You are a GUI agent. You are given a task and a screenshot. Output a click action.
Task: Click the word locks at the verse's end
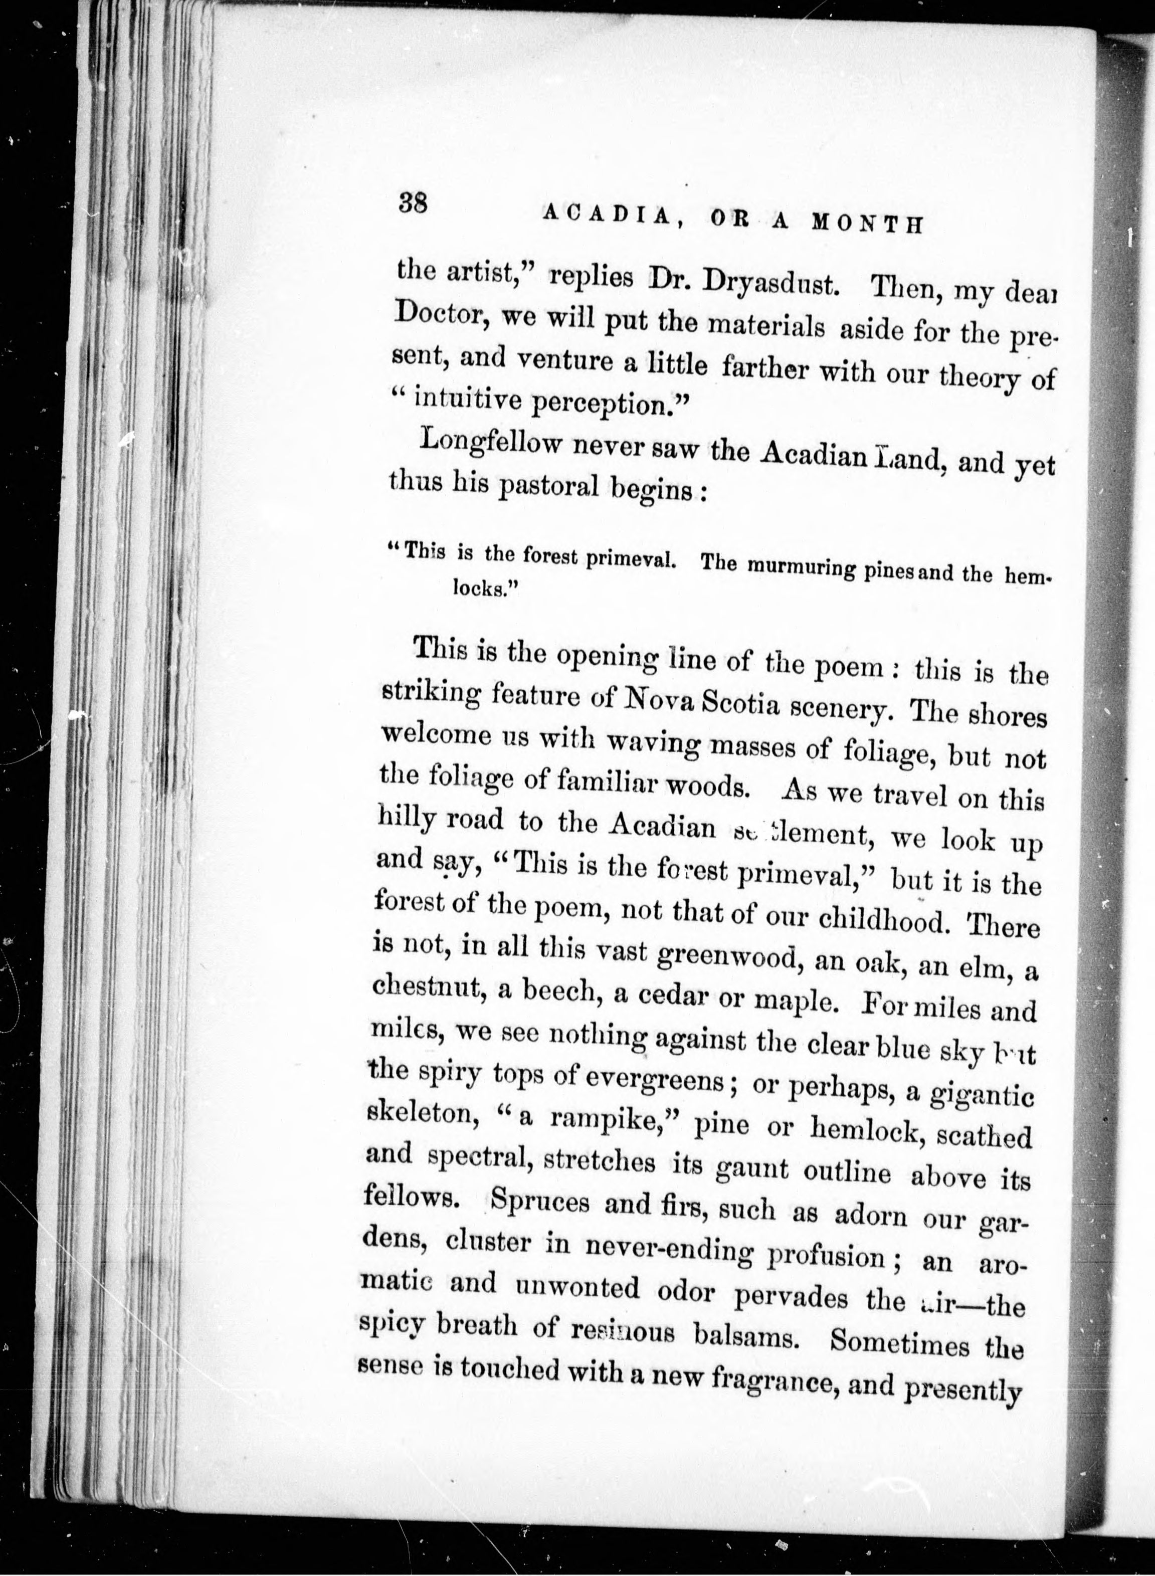pos(484,588)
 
